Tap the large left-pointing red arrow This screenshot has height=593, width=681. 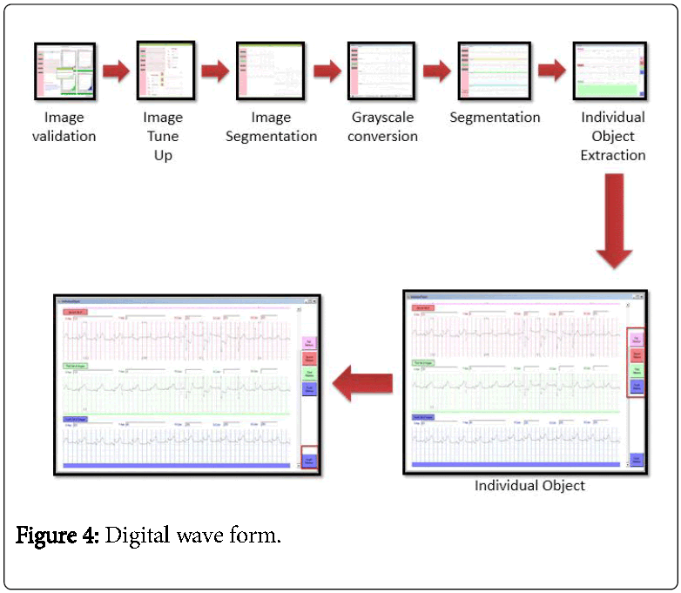364,384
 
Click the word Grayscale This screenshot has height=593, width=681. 382,117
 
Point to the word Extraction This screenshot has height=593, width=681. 613,155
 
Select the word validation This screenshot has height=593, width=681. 65,136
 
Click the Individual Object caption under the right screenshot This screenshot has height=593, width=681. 529,485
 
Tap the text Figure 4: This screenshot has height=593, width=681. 57,535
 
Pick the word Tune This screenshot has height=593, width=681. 163,136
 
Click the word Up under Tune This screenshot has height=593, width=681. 163,155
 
